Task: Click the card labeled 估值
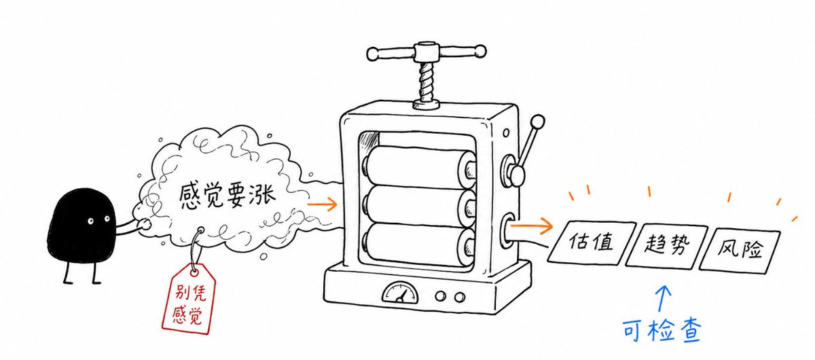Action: point(592,242)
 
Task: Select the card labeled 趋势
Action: point(666,246)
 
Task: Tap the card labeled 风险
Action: point(740,251)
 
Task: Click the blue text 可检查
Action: point(662,330)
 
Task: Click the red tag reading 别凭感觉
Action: point(189,298)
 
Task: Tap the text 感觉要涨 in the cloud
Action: point(227,196)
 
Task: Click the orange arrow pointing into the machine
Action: point(323,204)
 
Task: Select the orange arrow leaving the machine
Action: point(531,226)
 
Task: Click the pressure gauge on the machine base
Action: point(400,293)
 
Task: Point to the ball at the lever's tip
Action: point(538,122)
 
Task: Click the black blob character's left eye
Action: point(90,221)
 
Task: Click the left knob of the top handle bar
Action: point(373,54)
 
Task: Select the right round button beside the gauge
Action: point(460,297)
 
